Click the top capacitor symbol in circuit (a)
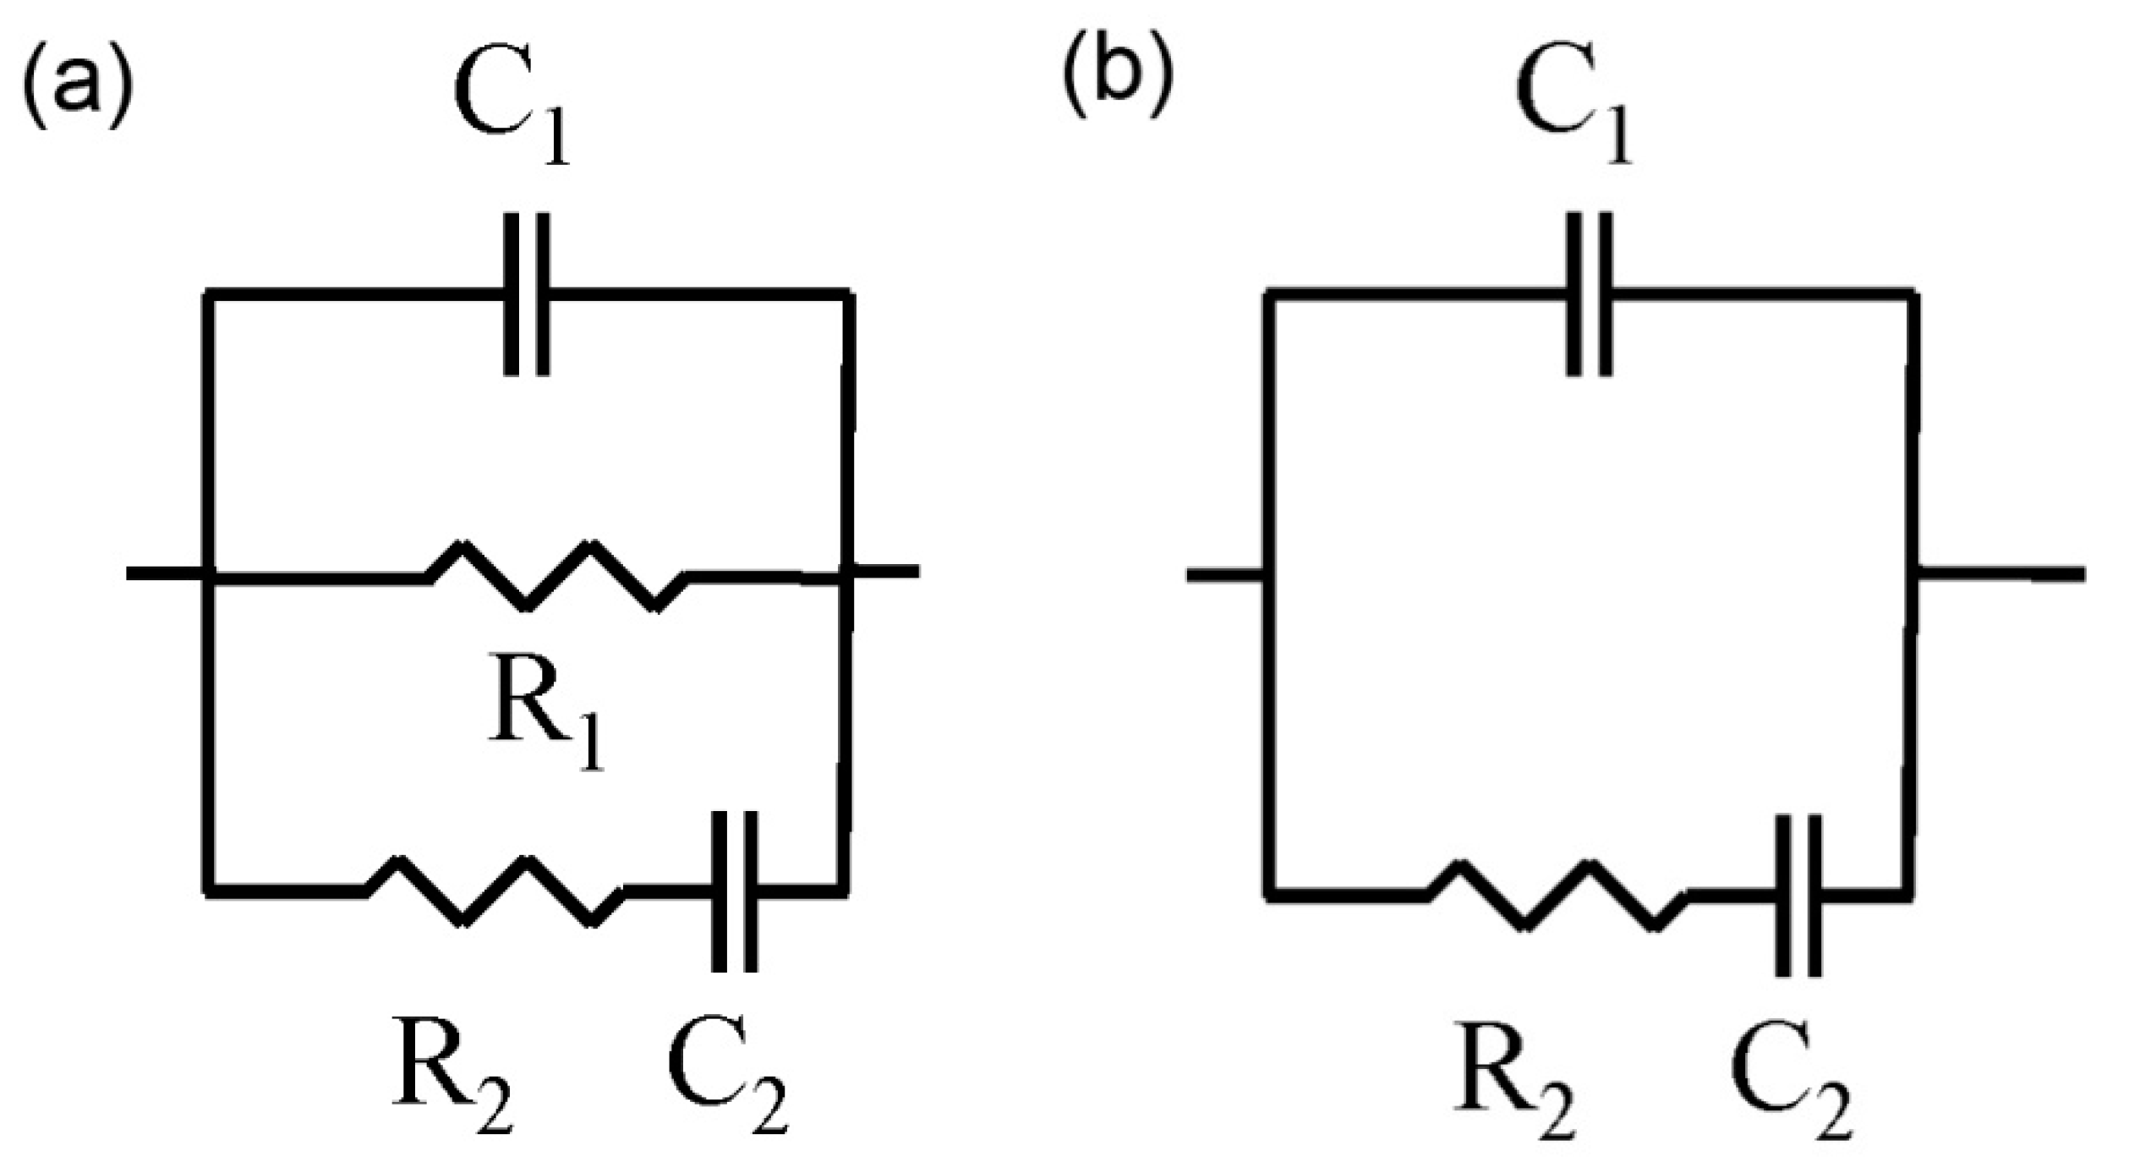[x=527, y=293]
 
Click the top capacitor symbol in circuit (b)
[x=1589, y=293]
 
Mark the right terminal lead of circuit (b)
[x=2000, y=574]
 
